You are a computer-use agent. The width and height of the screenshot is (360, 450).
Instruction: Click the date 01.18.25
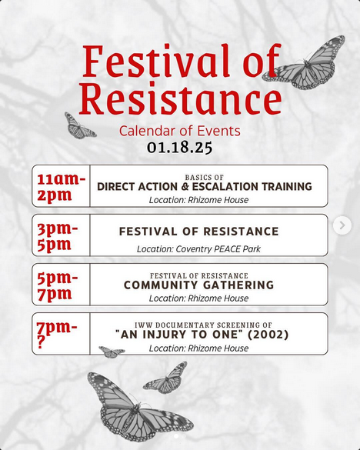click(x=180, y=148)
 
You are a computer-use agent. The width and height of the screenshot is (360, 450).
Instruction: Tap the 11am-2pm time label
click(x=61, y=188)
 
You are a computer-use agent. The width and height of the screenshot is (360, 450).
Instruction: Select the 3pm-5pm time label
click(x=58, y=237)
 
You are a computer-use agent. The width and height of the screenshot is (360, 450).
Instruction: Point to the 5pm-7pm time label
click(x=58, y=286)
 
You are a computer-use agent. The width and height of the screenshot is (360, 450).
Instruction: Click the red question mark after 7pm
click(x=42, y=342)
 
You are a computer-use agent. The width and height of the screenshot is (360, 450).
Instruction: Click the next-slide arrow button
click(x=342, y=225)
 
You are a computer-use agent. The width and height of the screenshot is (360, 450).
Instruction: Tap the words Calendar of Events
click(x=180, y=131)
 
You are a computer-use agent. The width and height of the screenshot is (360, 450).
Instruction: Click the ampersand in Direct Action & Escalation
click(x=185, y=187)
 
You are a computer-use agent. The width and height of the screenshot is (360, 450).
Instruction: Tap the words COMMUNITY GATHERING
click(x=198, y=285)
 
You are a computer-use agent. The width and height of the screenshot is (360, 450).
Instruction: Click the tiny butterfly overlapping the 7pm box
click(x=112, y=352)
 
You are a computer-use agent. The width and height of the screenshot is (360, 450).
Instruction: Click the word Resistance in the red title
click(x=180, y=98)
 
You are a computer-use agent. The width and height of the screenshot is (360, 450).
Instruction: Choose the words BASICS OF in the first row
click(x=204, y=178)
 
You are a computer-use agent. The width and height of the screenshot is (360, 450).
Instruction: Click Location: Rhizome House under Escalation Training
click(x=198, y=200)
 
